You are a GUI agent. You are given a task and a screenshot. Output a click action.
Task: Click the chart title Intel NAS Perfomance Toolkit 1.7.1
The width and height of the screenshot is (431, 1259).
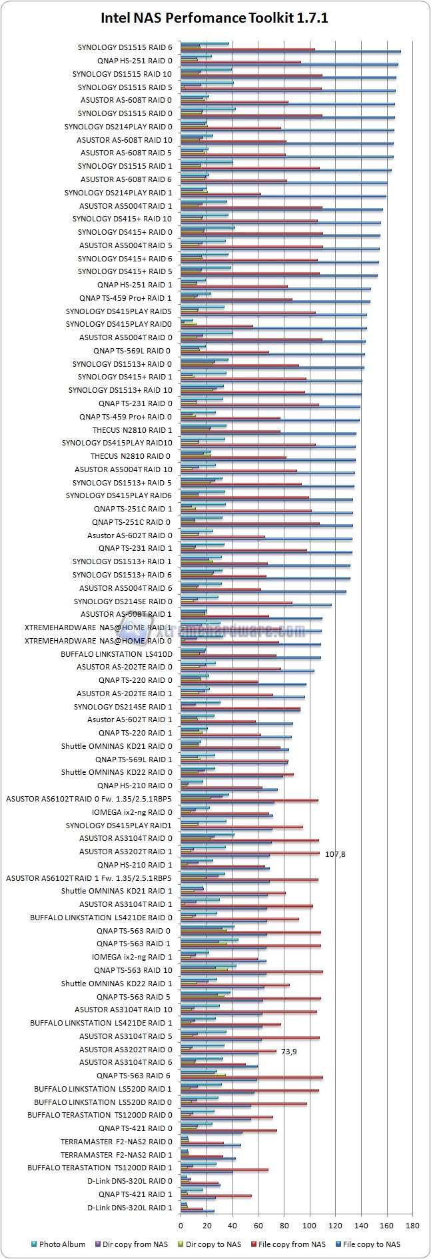[x=215, y=19]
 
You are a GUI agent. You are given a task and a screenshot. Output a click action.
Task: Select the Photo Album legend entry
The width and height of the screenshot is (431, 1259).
[x=62, y=1244]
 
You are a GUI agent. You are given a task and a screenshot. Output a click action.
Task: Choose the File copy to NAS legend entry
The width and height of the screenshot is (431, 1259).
[x=370, y=1244]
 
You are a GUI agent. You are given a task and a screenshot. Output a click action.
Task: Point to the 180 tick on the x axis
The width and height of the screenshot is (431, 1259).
[x=412, y=1225]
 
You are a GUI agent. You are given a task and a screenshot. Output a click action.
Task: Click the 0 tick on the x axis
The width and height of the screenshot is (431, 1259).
[x=181, y=1225]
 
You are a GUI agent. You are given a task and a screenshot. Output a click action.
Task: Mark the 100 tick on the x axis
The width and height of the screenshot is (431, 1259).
[x=309, y=1225]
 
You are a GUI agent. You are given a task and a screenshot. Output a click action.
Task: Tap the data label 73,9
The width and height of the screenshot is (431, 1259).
[x=288, y=1052]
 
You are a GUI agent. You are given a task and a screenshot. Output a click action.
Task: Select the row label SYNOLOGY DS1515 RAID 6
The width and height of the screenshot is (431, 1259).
[x=125, y=47]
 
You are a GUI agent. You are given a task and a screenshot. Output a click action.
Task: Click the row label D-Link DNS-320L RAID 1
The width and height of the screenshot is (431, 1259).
[x=129, y=1208]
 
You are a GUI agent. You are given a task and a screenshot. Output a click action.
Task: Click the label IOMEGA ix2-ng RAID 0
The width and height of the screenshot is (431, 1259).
[x=132, y=812]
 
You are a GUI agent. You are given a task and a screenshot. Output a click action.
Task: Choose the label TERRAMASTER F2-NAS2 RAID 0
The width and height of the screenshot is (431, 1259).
[x=116, y=1142]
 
